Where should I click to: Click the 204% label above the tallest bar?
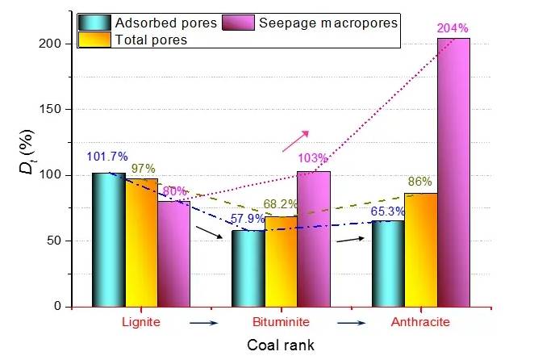[453, 29]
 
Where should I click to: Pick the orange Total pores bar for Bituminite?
[281, 262]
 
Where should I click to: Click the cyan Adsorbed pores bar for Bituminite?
[248, 268]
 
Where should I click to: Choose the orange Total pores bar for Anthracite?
[421, 249]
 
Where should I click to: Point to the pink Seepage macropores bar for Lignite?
[173, 253]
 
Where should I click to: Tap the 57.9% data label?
[244, 219]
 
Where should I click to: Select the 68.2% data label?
[280, 204]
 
